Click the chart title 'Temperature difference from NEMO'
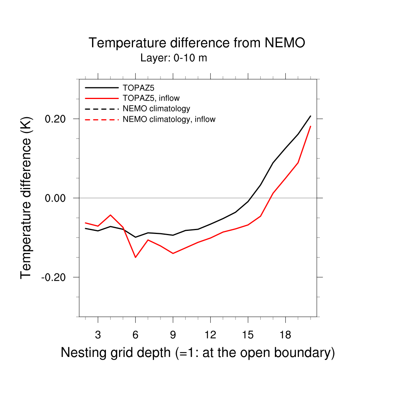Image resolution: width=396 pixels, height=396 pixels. [x=197, y=43]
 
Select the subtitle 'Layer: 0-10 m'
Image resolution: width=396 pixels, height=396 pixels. [x=174, y=58]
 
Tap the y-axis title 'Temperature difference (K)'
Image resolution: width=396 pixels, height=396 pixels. [x=26, y=198]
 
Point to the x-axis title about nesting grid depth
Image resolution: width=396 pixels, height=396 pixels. [x=198, y=353]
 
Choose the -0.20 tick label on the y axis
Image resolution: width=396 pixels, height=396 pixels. [x=55, y=277]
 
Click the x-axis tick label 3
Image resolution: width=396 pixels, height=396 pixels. [x=98, y=335]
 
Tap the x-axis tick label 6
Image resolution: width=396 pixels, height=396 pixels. [x=135, y=335]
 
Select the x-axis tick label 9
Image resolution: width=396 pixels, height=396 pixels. [x=173, y=335]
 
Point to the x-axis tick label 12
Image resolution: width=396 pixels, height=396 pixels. [x=210, y=335]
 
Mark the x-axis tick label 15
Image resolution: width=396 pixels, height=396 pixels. [x=248, y=335]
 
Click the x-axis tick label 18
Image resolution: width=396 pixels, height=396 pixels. [x=285, y=335]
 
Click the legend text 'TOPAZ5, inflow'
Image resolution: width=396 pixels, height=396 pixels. [x=151, y=98]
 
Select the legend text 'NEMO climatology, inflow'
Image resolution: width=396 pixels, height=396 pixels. [x=169, y=119]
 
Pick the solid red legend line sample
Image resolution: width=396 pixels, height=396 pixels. [x=102, y=98]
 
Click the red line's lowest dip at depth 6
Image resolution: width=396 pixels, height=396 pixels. [x=135, y=257]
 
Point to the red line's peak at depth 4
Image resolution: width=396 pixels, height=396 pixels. [x=111, y=215]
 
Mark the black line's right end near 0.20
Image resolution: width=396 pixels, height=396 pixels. [x=310, y=116]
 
